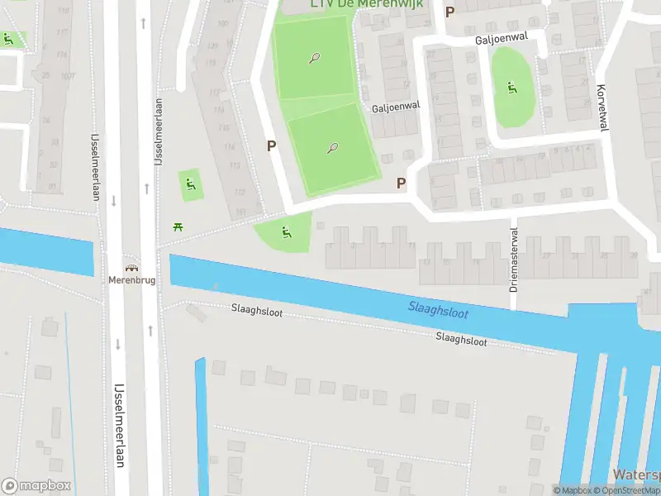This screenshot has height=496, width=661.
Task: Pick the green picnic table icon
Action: pyautogui.click(x=177, y=227)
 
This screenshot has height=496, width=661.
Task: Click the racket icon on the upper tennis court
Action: pyautogui.click(x=314, y=58)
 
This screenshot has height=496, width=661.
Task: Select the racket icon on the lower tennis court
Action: pyautogui.click(x=332, y=149)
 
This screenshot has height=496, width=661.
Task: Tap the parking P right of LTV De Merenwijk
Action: pyautogui.click(x=449, y=12)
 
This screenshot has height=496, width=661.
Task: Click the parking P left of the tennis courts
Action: pyautogui.click(x=270, y=145)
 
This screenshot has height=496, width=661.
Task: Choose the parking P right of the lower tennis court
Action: pyautogui.click(x=402, y=184)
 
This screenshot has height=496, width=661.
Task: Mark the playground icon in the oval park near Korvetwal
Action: pyautogui.click(x=511, y=87)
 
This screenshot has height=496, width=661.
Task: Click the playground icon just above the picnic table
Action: pyautogui.click(x=191, y=184)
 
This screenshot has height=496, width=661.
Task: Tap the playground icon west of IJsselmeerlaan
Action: pyautogui.click(x=8, y=38)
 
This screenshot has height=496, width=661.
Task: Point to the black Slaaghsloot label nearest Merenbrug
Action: pyautogui.click(x=257, y=309)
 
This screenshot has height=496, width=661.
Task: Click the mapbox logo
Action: pyautogui.click(x=36, y=486)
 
